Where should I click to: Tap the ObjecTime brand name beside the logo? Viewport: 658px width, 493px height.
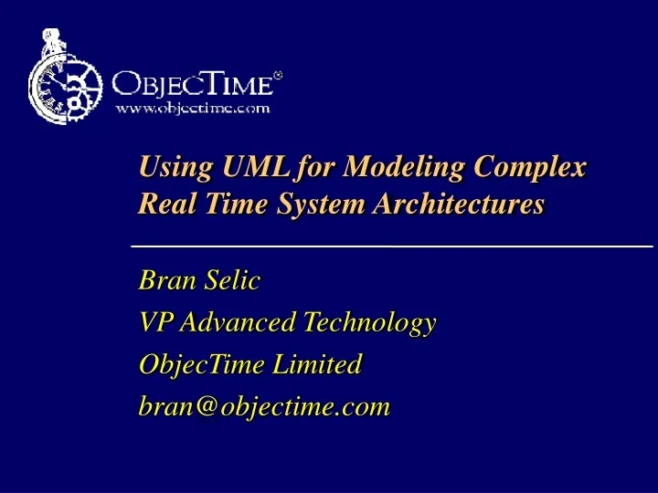(192, 85)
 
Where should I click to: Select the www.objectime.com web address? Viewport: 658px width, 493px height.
(192, 108)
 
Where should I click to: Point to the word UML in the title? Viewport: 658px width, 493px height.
(251, 168)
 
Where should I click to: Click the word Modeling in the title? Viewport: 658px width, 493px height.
(393, 168)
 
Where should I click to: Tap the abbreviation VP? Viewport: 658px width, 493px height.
(154, 322)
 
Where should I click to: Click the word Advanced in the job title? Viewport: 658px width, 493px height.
(238, 322)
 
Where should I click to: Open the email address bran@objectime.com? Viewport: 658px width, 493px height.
(264, 406)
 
